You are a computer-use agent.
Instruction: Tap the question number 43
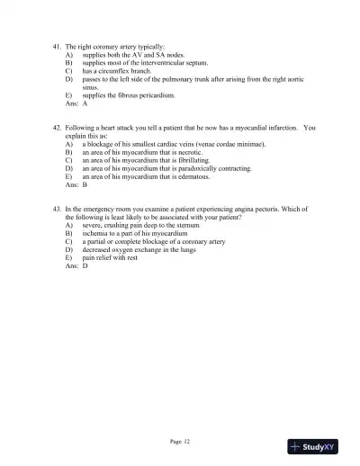(58, 208)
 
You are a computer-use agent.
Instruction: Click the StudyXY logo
(312, 446)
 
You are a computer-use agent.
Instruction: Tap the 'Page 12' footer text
(180, 442)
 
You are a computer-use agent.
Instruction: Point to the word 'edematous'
(191, 176)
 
